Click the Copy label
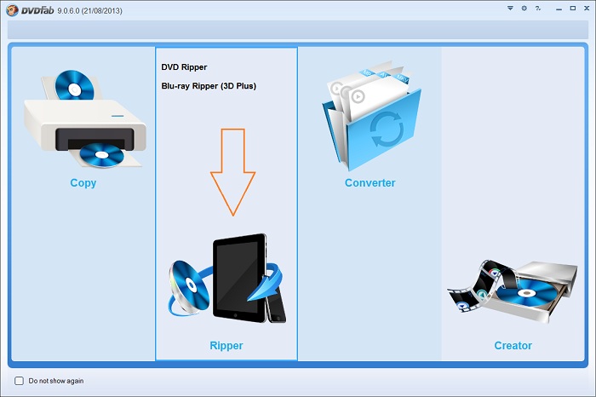83,183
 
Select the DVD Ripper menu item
184,67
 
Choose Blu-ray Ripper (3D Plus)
209,86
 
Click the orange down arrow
233,172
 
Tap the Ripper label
226,345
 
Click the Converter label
370,183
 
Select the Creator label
513,345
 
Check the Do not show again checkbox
19,381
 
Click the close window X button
587,8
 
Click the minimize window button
559,9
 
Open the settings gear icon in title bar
524,8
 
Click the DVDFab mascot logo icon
13,10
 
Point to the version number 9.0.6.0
68,10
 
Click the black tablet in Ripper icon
239,278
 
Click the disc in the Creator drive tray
527,293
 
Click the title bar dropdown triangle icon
510,8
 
